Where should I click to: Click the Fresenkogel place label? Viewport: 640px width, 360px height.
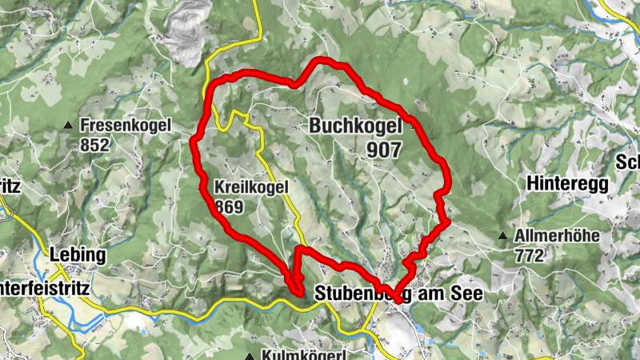pos(125,126)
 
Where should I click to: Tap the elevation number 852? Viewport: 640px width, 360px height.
pos(94,145)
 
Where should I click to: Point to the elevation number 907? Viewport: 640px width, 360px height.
pos(384,150)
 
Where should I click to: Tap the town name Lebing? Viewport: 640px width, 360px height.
pos(77,254)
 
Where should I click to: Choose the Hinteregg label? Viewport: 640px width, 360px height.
pos(568,183)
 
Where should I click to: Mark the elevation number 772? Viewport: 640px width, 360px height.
pos(530,255)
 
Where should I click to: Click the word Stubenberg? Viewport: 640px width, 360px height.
pos(358,294)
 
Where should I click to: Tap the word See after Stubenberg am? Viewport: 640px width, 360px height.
pos(467,294)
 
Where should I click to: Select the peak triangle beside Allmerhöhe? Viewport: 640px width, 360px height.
pos(502,236)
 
